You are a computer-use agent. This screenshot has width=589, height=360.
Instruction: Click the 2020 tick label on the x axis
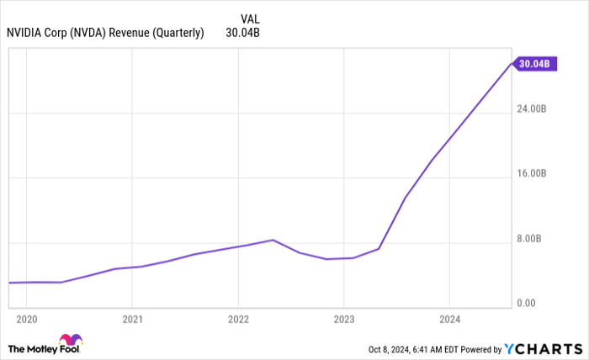(x=27, y=320)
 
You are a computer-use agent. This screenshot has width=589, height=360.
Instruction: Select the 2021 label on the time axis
(x=132, y=320)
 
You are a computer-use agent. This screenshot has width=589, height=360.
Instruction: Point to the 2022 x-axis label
(x=238, y=320)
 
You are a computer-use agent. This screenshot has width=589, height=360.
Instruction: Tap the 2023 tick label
(x=343, y=320)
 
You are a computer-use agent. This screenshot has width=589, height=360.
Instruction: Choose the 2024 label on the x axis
(x=449, y=320)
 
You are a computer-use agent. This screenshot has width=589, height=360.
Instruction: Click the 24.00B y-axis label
(x=533, y=109)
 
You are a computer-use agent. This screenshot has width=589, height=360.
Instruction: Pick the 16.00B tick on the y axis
(x=533, y=174)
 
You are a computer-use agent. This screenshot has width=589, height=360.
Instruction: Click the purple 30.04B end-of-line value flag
(x=534, y=63)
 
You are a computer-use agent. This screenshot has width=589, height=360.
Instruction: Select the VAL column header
(x=250, y=19)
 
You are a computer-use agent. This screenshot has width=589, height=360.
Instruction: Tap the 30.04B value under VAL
(x=242, y=34)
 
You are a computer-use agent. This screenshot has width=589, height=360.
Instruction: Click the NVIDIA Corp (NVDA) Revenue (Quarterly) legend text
(x=105, y=34)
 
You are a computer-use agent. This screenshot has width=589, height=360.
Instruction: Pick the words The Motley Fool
(x=34, y=348)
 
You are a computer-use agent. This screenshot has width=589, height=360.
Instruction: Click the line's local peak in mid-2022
(x=273, y=240)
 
